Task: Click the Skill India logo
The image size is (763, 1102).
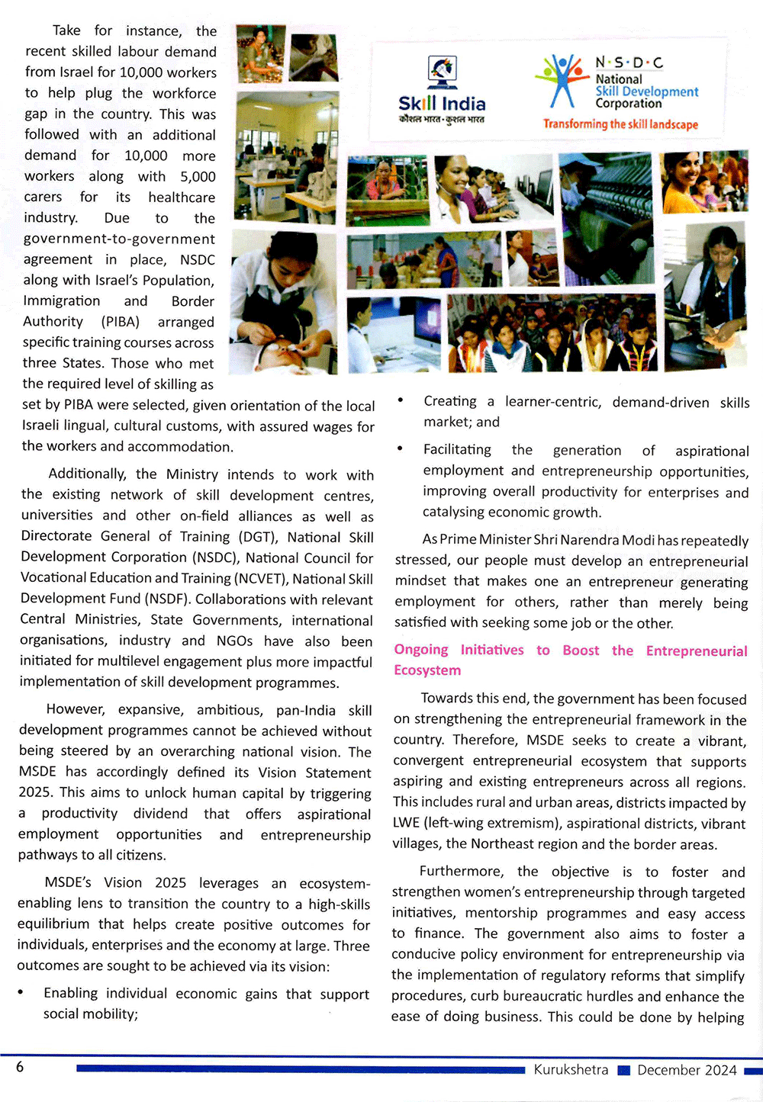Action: pos(442,89)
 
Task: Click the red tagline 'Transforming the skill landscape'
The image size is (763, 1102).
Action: pos(620,124)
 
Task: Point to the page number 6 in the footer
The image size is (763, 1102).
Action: pos(20,1067)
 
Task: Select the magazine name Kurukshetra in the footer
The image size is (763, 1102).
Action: pos(571,1070)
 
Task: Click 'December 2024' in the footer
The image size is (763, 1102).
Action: pos(687,1070)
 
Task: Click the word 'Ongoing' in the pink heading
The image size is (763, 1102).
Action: pos(421,650)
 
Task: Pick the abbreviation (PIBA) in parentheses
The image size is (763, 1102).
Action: pos(121,322)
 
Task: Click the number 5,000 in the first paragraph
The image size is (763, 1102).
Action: pos(198,176)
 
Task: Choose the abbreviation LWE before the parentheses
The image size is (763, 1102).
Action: pos(407,824)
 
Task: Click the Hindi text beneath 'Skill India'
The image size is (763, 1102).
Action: pos(442,119)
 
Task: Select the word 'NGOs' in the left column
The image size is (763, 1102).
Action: pos(234,641)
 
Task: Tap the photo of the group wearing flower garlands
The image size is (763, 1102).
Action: pos(552,334)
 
